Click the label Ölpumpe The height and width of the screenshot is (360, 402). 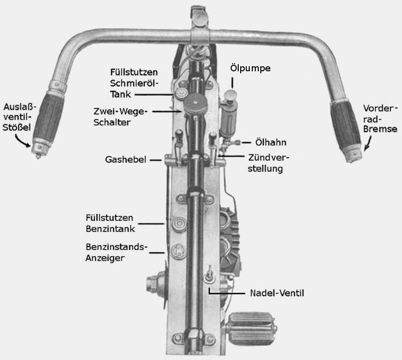point(250,68)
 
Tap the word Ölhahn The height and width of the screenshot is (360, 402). point(271,142)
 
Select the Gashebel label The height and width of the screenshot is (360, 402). point(126,160)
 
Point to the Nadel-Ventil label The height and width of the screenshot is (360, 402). point(277,293)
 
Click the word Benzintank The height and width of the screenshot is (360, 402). point(110,229)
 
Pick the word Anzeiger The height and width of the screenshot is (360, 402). point(105,258)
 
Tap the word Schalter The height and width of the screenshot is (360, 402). point(112,122)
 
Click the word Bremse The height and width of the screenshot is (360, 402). point(380,129)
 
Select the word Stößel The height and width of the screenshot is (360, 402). point(17,127)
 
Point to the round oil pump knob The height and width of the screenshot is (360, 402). point(230,94)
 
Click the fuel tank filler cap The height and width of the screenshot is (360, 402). point(179,224)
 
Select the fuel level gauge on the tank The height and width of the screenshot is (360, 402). point(179,251)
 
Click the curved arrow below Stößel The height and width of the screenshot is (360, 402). point(22,141)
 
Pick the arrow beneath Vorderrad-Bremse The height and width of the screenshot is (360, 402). point(368,143)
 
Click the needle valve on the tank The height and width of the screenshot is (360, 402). point(210,276)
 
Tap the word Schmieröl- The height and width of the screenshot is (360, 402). point(134,83)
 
